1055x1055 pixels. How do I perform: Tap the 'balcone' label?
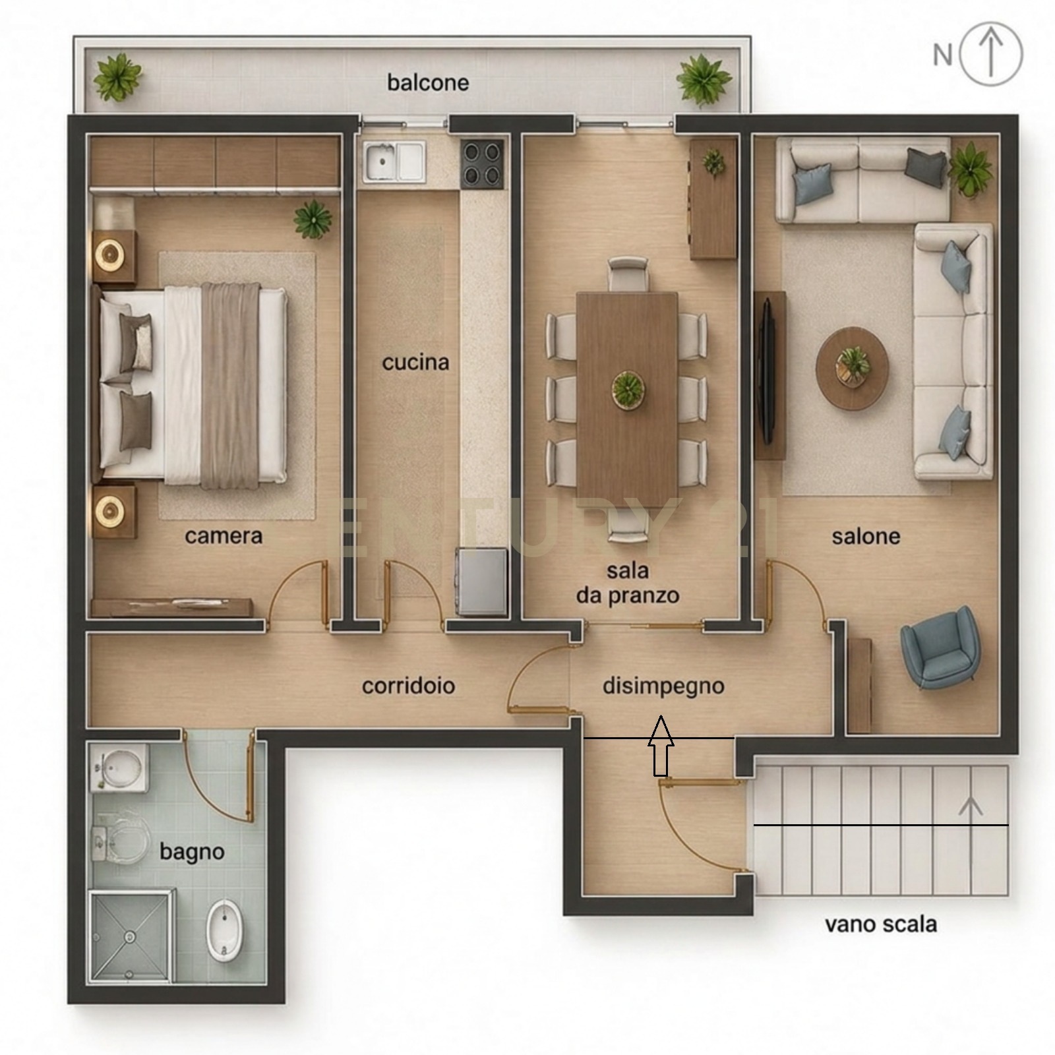coord(428,83)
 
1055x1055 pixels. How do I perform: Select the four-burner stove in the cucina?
coord(483,162)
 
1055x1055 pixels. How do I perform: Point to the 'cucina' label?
coord(415,362)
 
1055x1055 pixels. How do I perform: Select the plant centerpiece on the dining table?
coord(627,390)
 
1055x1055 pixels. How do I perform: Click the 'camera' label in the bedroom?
coord(224,536)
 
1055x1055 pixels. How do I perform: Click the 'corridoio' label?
coord(408,686)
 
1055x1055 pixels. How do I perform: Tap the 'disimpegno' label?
coord(663,686)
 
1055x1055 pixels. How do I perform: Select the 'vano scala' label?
coord(880,924)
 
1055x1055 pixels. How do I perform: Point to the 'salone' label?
coord(866,536)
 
